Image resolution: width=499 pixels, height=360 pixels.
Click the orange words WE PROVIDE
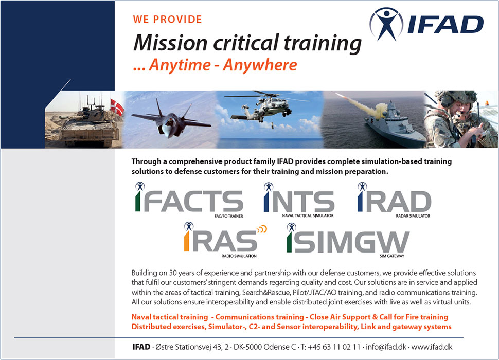click(x=167, y=20)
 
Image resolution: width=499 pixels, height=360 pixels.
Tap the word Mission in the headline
click(x=171, y=43)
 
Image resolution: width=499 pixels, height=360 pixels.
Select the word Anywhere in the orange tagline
click(x=260, y=65)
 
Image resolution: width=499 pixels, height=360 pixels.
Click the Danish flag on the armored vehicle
click(x=117, y=107)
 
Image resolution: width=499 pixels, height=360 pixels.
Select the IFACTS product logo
click(x=189, y=200)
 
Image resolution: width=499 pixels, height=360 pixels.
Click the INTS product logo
click(x=299, y=200)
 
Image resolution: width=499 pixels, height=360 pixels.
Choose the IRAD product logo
click(x=394, y=200)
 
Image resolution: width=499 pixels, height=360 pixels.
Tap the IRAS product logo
click(x=225, y=240)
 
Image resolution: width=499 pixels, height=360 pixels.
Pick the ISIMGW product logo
click(x=348, y=240)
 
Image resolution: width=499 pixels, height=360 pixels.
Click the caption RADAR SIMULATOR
click(x=413, y=216)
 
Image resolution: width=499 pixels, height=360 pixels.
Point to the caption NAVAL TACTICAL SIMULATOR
click(x=308, y=215)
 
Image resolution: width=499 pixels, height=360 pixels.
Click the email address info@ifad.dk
click(x=386, y=347)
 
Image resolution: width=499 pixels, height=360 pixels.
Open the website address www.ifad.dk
click(x=432, y=347)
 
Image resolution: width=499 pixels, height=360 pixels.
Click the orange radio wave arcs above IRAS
click(x=262, y=229)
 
